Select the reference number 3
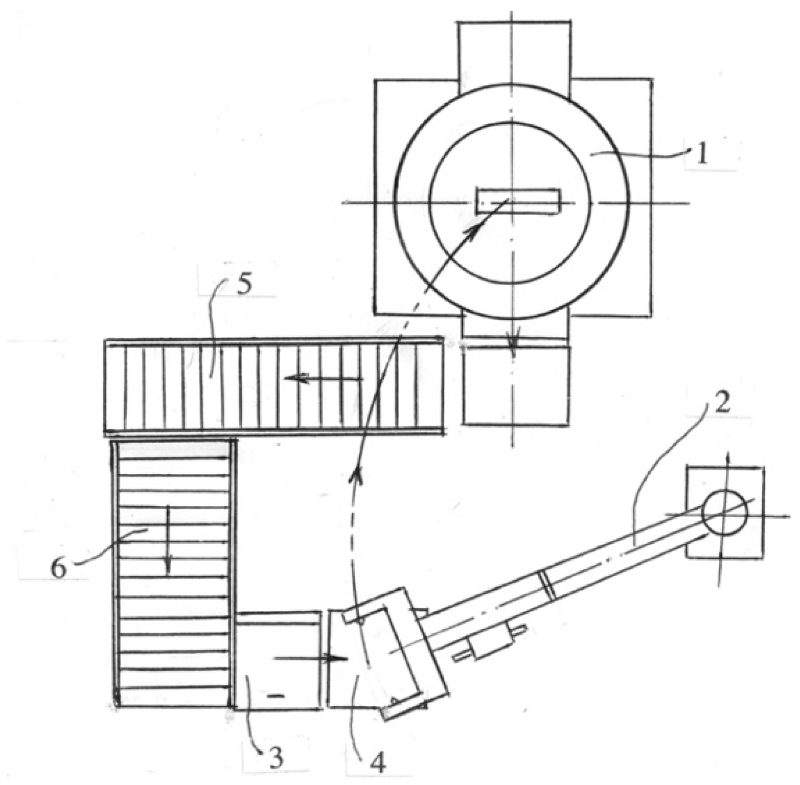[x=276, y=759]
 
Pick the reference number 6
[x=58, y=568]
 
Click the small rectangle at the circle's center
[x=518, y=201]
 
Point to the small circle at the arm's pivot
[x=724, y=514]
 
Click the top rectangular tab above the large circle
[x=514, y=51]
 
